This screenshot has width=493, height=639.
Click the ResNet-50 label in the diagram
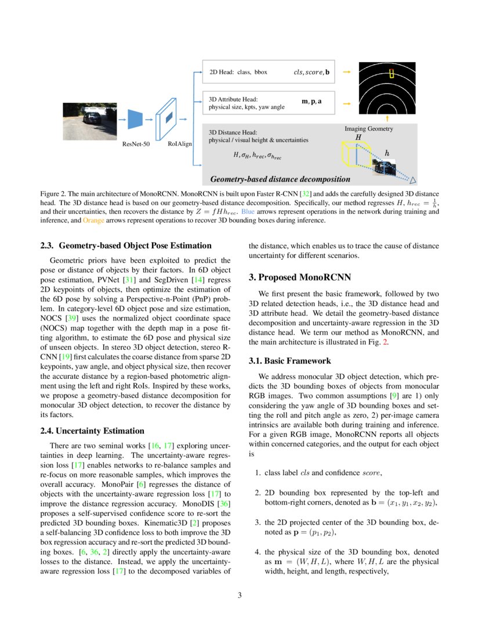(136, 144)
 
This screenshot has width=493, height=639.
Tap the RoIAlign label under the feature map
(180, 144)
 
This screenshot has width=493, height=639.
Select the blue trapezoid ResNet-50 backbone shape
(135, 119)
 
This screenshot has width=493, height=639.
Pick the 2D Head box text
(238, 73)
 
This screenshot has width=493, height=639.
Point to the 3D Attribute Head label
(233, 99)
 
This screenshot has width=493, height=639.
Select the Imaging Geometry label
(369, 128)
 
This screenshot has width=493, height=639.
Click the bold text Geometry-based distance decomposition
(280, 179)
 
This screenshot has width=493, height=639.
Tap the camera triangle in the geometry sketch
(414, 180)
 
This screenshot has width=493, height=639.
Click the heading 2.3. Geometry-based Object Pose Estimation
(126, 246)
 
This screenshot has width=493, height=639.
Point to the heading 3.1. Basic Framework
(290, 361)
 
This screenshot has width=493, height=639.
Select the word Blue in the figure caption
(248, 211)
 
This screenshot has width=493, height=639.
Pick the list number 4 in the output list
(258, 552)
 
